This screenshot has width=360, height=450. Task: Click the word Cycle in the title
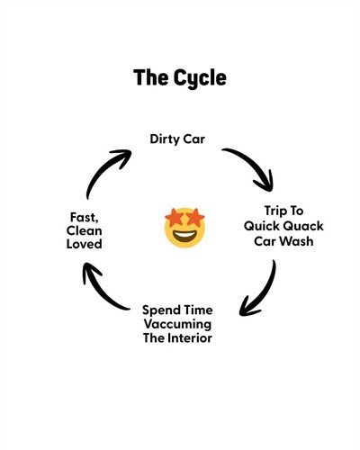[x=200, y=78]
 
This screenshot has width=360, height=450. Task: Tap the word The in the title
[x=151, y=77]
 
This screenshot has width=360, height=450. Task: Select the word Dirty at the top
[x=165, y=139]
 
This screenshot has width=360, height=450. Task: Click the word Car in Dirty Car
[x=194, y=139]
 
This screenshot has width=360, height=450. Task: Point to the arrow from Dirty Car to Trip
[x=254, y=164]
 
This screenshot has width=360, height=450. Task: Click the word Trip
[x=274, y=211]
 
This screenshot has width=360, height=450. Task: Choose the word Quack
[x=303, y=226]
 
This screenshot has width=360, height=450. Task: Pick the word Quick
[x=262, y=226]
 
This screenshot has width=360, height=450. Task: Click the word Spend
[x=162, y=310]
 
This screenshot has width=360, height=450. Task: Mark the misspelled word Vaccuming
[x=177, y=325]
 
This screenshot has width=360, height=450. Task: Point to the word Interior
[x=190, y=338]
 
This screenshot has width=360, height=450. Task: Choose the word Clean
[x=85, y=231]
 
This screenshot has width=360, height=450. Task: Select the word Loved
[x=85, y=244]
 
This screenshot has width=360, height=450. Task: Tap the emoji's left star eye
[x=174, y=218]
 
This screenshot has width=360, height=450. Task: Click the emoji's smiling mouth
[x=184, y=236]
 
